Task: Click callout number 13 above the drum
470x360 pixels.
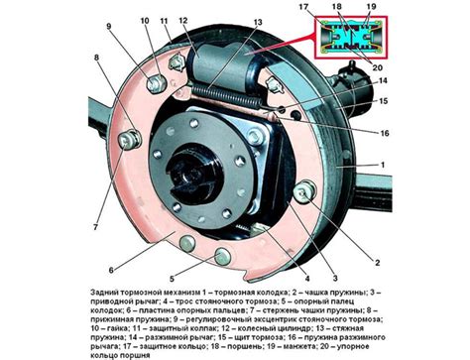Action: pyautogui.click(x=258, y=22)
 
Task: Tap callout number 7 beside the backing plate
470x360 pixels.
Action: pyautogui.click(x=95, y=227)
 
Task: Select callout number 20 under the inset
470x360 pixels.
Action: pyautogui.click(x=378, y=67)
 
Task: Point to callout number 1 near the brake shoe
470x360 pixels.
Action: pyautogui.click(x=383, y=165)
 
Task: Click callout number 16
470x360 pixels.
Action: pyautogui.click(x=385, y=133)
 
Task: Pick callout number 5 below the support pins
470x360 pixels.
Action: pyautogui.click(x=172, y=279)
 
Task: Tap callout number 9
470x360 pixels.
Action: pyautogui.click(x=109, y=27)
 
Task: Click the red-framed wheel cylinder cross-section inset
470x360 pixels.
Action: pyautogui.click(x=350, y=37)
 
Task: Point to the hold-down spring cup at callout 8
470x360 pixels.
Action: pyautogui.click(x=130, y=141)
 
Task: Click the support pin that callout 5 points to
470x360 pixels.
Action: pyautogui.click(x=222, y=256)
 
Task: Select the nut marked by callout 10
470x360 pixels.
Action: pyautogui.click(x=156, y=83)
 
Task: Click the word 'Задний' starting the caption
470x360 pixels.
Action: pyautogui.click(x=104, y=293)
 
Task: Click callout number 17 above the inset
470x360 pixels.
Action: pyautogui.click(x=303, y=7)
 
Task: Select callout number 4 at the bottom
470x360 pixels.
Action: pyautogui.click(x=307, y=279)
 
